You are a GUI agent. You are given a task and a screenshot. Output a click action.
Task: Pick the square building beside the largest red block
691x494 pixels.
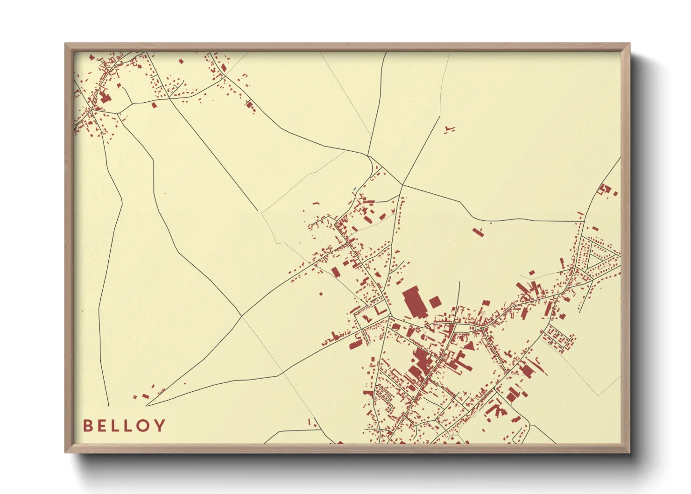(x=435, y=302)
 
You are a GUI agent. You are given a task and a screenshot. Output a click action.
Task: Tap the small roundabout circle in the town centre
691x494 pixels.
(x=389, y=316)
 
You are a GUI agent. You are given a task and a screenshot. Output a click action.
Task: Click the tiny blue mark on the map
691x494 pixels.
(x=355, y=189)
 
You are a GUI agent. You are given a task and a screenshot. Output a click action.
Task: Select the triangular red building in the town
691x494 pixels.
(x=469, y=346)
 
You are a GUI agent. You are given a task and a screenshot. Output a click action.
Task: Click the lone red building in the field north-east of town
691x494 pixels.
(x=477, y=232)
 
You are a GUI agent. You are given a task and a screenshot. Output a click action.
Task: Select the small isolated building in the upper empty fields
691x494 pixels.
(x=450, y=129)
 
